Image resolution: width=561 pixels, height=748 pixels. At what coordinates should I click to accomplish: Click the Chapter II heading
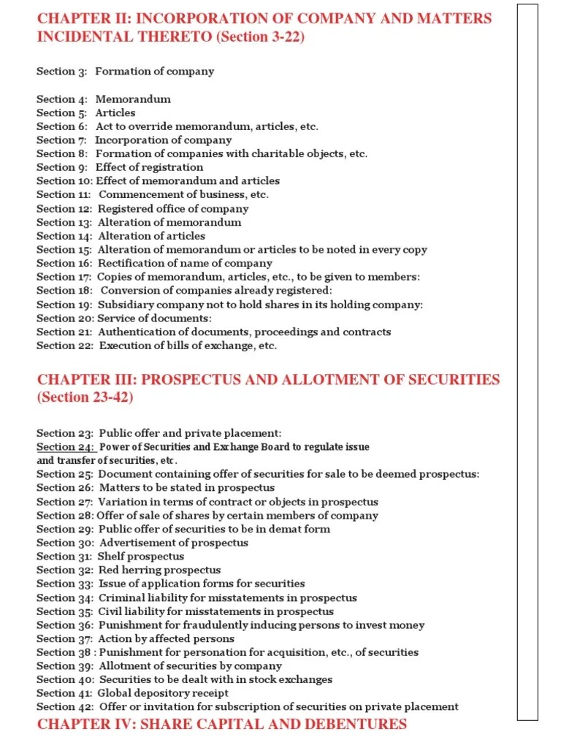tap(264, 28)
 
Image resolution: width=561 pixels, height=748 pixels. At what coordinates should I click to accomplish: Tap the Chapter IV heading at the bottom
tap(222, 724)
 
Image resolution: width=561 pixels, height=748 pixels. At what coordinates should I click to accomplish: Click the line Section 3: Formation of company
tap(126, 72)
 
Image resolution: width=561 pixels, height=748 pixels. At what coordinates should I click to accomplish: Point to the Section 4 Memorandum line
tap(104, 99)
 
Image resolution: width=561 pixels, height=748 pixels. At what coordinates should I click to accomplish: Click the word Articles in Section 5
tap(115, 112)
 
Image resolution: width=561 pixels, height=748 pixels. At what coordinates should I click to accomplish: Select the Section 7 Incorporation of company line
tap(134, 140)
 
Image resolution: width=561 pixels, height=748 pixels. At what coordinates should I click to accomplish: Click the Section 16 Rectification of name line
tap(154, 263)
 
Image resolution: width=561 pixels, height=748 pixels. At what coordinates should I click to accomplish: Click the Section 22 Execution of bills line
tap(157, 346)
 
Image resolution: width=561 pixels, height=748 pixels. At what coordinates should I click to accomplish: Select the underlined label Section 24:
tap(66, 447)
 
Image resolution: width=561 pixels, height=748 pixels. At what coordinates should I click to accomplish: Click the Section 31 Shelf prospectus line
tap(110, 557)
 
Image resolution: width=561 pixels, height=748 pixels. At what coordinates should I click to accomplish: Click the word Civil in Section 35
tap(110, 611)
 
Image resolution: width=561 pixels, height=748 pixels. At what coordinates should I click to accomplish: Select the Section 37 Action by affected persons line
tap(135, 638)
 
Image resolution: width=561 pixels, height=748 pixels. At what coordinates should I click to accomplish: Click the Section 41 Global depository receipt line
tap(132, 693)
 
